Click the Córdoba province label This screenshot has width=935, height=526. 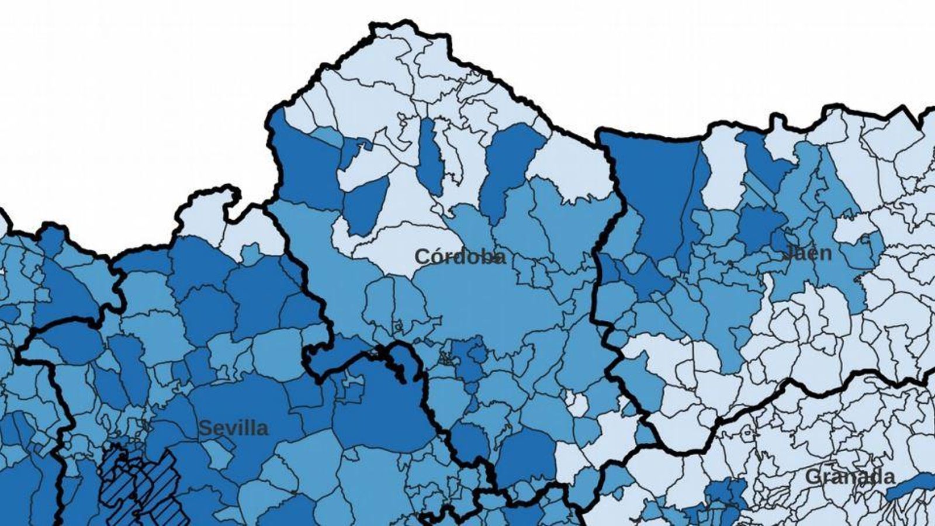click(460, 257)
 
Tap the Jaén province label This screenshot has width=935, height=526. click(806, 253)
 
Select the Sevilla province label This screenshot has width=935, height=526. click(233, 428)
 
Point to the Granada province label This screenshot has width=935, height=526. click(850, 476)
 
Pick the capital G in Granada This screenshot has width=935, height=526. click(813, 477)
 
